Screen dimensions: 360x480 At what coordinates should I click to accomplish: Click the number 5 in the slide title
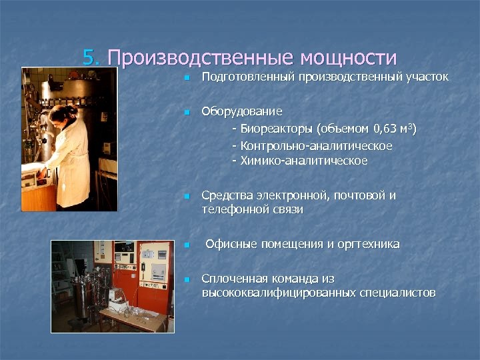[90, 57]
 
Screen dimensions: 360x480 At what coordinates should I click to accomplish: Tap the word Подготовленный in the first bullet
[249, 77]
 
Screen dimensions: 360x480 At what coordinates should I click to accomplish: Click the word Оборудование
[242, 111]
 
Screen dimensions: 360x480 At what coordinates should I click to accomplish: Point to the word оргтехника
[370, 244]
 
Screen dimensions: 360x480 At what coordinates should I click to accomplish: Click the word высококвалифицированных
[279, 293]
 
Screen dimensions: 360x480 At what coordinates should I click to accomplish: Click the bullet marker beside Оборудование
[187, 111]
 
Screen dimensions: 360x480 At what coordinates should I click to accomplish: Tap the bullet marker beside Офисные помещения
[187, 245]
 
